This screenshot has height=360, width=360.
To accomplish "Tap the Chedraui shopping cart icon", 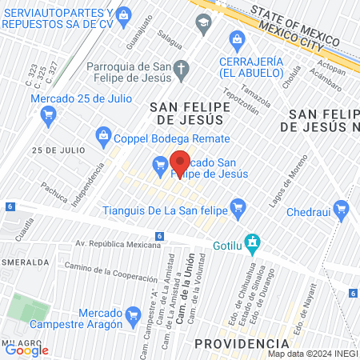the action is (x=342, y=211).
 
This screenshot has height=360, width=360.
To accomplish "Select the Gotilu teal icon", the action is (x=253, y=242).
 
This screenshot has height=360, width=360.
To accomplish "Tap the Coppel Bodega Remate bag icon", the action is (x=103, y=135).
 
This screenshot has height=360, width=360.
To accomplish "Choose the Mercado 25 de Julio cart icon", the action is (x=49, y=115).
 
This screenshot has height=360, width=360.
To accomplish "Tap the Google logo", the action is (x=26, y=349).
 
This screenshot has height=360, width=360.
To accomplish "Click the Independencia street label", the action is (x=94, y=184).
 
